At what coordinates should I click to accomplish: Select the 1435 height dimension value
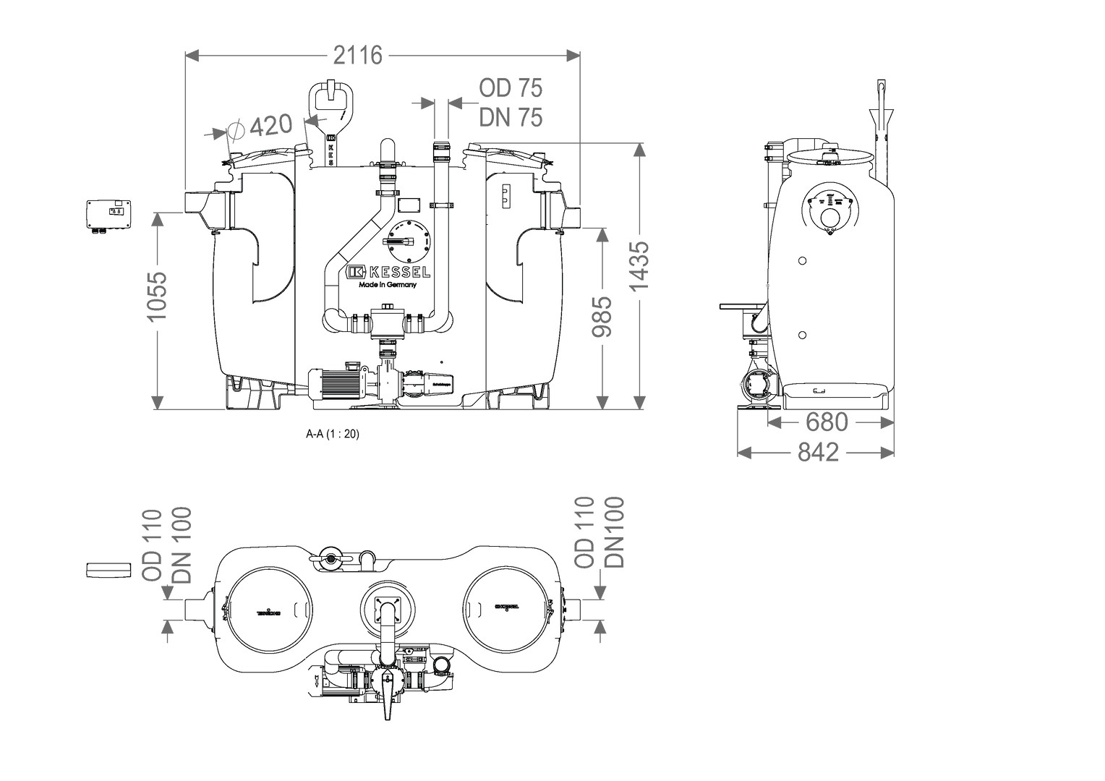pyautogui.click(x=640, y=266)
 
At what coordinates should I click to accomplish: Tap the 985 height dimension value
pyautogui.click(x=601, y=316)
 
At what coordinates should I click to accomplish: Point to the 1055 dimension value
pyautogui.click(x=156, y=296)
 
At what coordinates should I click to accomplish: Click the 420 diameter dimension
pyautogui.click(x=270, y=126)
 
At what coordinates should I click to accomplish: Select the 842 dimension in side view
pyautogui.click(x=818, y=452)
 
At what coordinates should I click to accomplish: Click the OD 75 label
pyautogui.click(x=511, y=88)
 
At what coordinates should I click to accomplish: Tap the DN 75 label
pyautogui.click(x=511, y=117)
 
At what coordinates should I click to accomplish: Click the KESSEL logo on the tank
pyautogui.click(x=388, y=272)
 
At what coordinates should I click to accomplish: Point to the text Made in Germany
pyautogui.click(x=388, y=285)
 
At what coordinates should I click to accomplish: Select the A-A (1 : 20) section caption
pyautogui.click(x=333, y=435)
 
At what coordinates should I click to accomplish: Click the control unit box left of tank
pyautogui.click(x=110, y=215)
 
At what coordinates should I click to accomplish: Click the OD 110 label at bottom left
pyautogui.click(x=152, y=545)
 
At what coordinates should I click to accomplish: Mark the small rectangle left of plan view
pyautogui.click(x=106, y=570)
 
